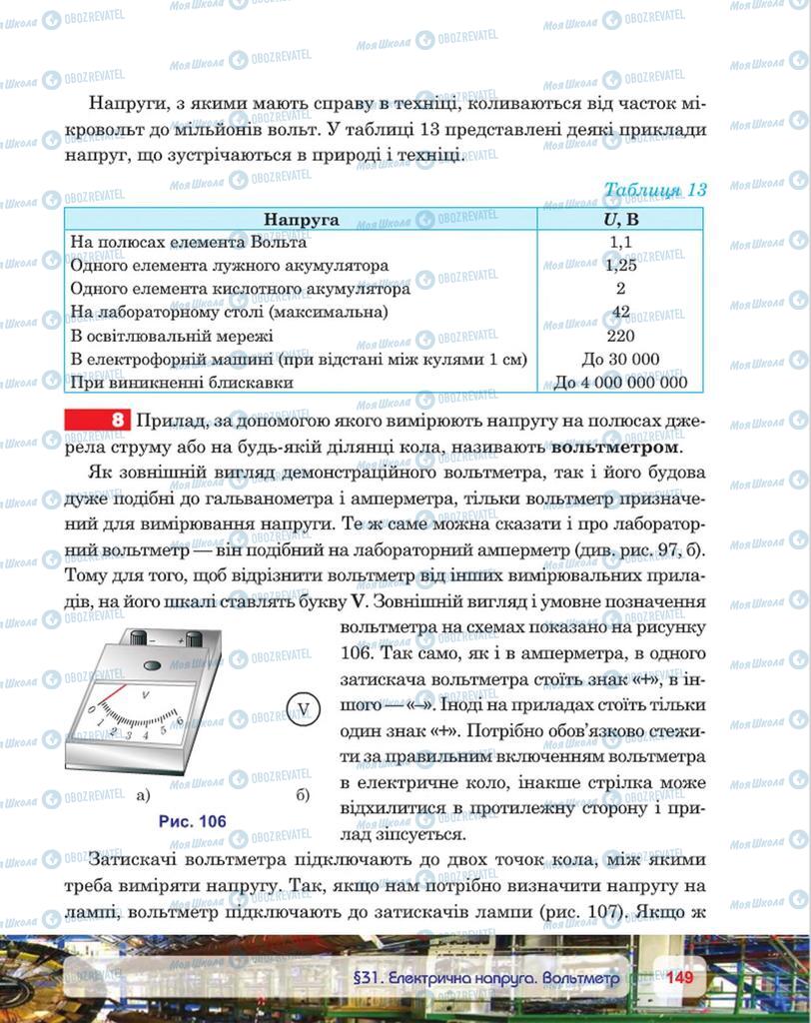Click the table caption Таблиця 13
655,190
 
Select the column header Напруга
301,220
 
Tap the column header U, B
620,220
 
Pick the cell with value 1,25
620,266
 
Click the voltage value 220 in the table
620,336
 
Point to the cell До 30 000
620,359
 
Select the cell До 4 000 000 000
620,382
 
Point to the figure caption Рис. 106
192,821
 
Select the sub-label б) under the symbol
304,795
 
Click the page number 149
680,977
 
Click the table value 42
620,312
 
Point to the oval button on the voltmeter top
152,664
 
